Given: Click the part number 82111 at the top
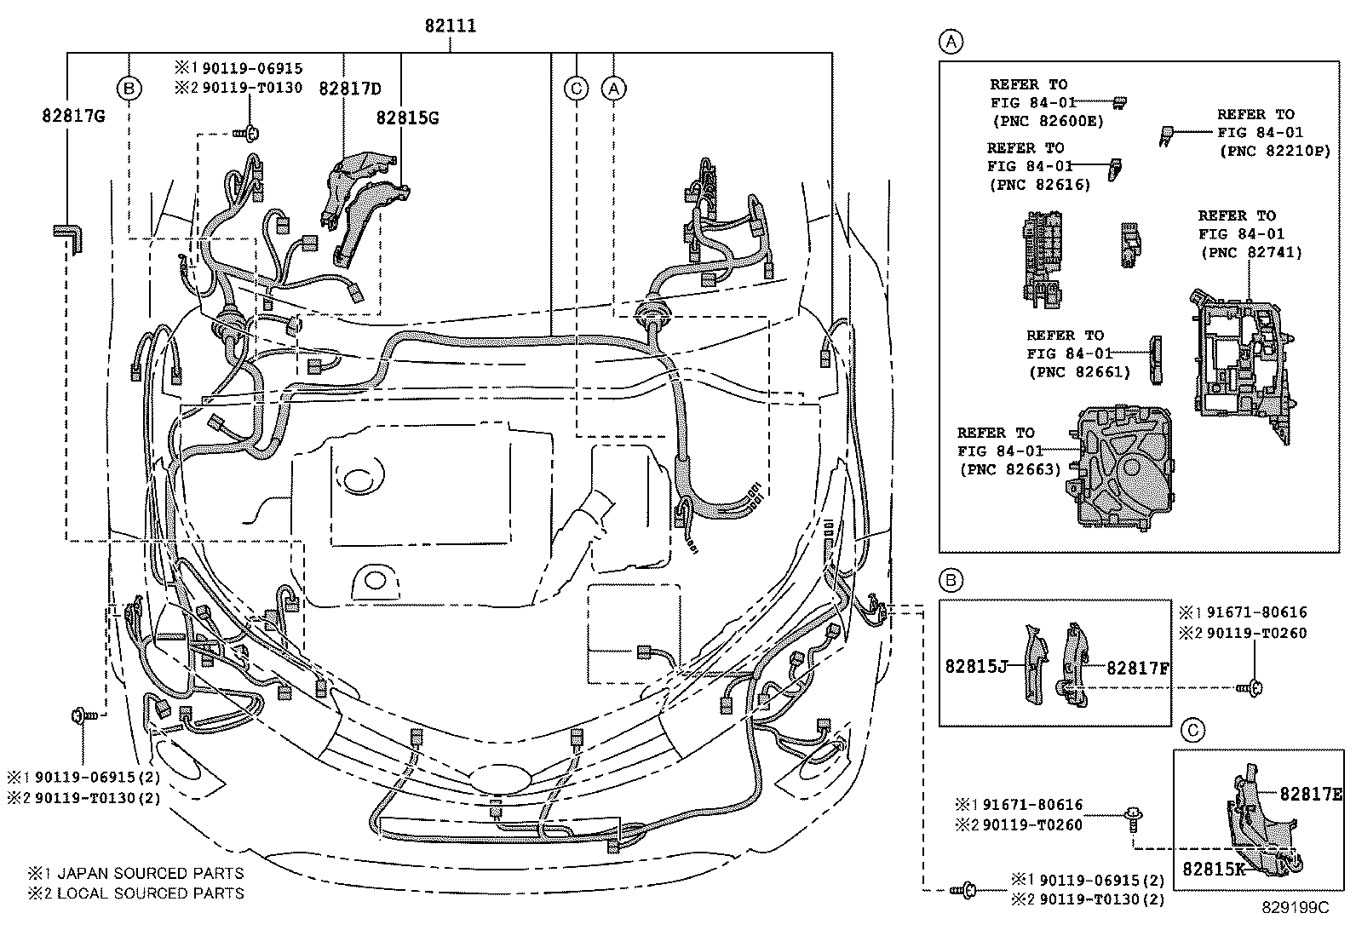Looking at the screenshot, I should click(451, 26).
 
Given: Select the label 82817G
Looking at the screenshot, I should click(72, 115).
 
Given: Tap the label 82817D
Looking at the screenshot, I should click(350, 89).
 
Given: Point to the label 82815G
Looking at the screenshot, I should click(407, 118).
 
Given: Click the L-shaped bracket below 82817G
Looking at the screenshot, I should click(67, 236).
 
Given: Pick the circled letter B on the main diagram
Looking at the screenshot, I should click(129, 88).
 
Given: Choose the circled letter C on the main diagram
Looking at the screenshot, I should click(577, 88).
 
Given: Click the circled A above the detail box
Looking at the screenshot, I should click(951, 41).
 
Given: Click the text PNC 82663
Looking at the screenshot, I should click(1009, 468).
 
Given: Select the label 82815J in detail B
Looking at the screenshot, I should click(975, 666).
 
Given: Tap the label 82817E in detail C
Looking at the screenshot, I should click(1310, 794).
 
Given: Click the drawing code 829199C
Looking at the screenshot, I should click(1295, 908).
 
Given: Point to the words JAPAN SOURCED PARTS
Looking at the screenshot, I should click(150, 873).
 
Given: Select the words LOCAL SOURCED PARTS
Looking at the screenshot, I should click(150, 893).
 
